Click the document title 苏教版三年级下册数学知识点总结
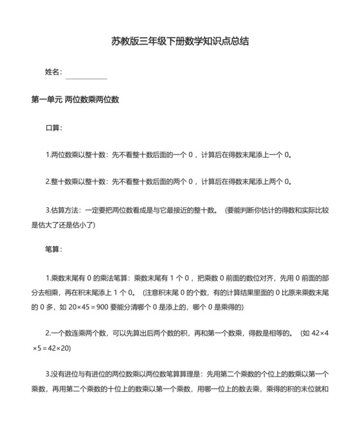point(179,41)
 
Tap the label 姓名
point(53,72)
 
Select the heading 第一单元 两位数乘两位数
point(75,100)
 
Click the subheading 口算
point(53,127)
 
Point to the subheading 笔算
point(53,250)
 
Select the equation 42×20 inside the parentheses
point(55,348)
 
